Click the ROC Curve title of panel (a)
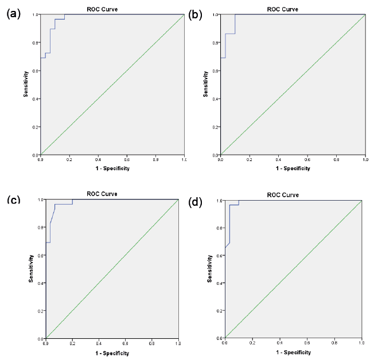click(x=112, y=9)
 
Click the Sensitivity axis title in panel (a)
click(x=26, y=84)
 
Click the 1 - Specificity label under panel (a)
click(x=112, y=168)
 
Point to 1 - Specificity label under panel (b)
click(x=293, y=168)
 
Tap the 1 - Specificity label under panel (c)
click(x=112, y=353)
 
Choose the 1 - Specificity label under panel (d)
click(x=293, y=351)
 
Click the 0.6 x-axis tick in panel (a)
click(x=127, y=160)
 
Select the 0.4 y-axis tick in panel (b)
click(x=215, y=99)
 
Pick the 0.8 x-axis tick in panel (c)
click(x=151, y=345)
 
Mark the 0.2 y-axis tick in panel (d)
click(x=219, y=311)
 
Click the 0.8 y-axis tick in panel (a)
click(x=35, y=42)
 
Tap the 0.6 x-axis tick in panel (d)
click(x=307, y=343)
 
